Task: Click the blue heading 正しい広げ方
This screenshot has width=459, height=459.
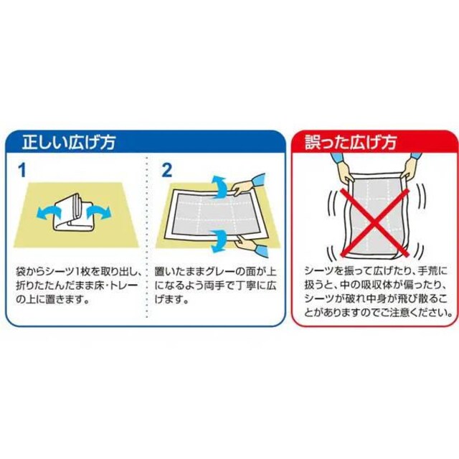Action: point(69,143)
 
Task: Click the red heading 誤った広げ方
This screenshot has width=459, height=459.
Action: point(351,143)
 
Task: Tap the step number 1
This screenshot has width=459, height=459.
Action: point(22,170)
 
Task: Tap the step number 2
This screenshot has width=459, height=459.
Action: point(167,170)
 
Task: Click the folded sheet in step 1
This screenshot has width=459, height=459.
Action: point(73,212)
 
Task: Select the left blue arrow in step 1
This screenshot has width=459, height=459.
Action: point(48,212)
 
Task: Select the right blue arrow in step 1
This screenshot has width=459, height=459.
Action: point(99,212)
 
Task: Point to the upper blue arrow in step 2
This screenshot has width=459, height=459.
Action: point(219,187)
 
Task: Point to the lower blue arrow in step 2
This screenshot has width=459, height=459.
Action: point(219,240)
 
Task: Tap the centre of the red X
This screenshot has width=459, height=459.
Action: point(375,222)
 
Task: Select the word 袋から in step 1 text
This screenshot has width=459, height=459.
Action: point(30,273)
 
